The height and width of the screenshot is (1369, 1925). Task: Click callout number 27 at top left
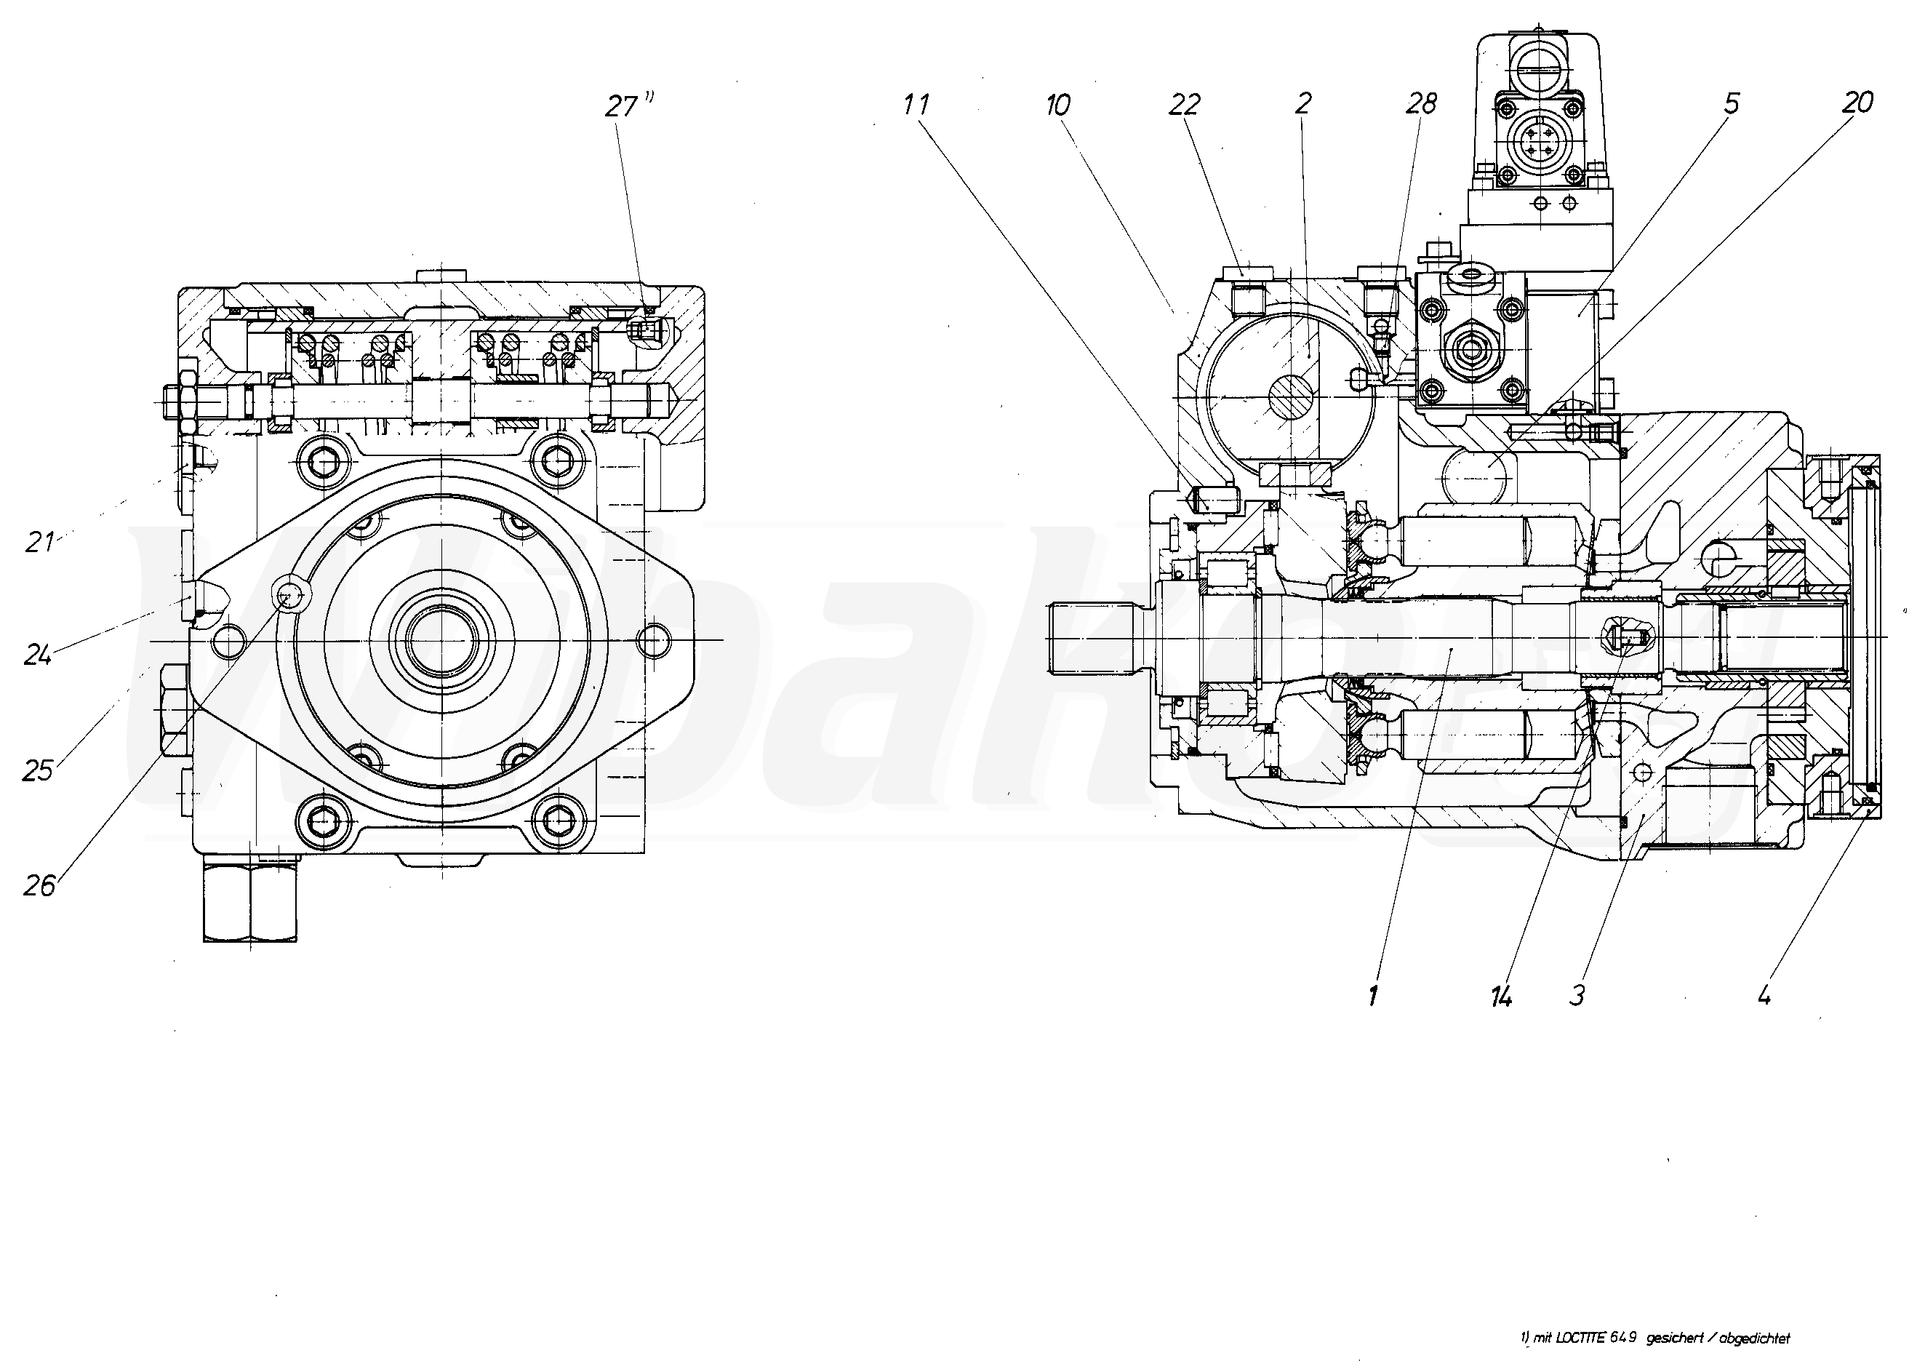point(622,107)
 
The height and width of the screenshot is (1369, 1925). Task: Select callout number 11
point(916,105)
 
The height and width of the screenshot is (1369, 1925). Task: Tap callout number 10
point(1057,105)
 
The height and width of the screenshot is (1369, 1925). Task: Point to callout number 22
point(1183,105)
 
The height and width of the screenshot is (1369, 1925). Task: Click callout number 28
point(1421,105)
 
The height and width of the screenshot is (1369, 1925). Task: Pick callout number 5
point(1731,104)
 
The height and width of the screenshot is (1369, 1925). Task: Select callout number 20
point(1857,103)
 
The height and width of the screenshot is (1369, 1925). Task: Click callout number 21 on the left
point(39,542)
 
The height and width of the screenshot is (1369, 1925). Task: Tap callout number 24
point(38,654)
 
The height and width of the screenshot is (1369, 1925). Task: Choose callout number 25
point(38,770)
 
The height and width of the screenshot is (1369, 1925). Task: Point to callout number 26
point(39,885)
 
